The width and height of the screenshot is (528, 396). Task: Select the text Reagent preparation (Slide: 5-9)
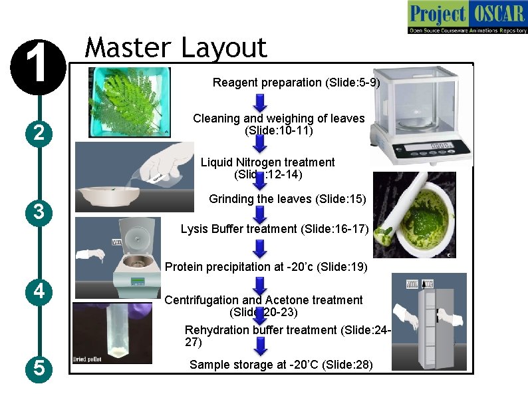296,83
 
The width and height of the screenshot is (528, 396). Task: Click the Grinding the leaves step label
287,198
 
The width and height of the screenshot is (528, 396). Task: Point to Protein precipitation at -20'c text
265,267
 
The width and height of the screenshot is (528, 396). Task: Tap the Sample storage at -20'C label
281,365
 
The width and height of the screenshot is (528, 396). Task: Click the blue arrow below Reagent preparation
261,102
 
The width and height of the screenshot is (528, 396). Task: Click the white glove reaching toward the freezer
406,314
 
